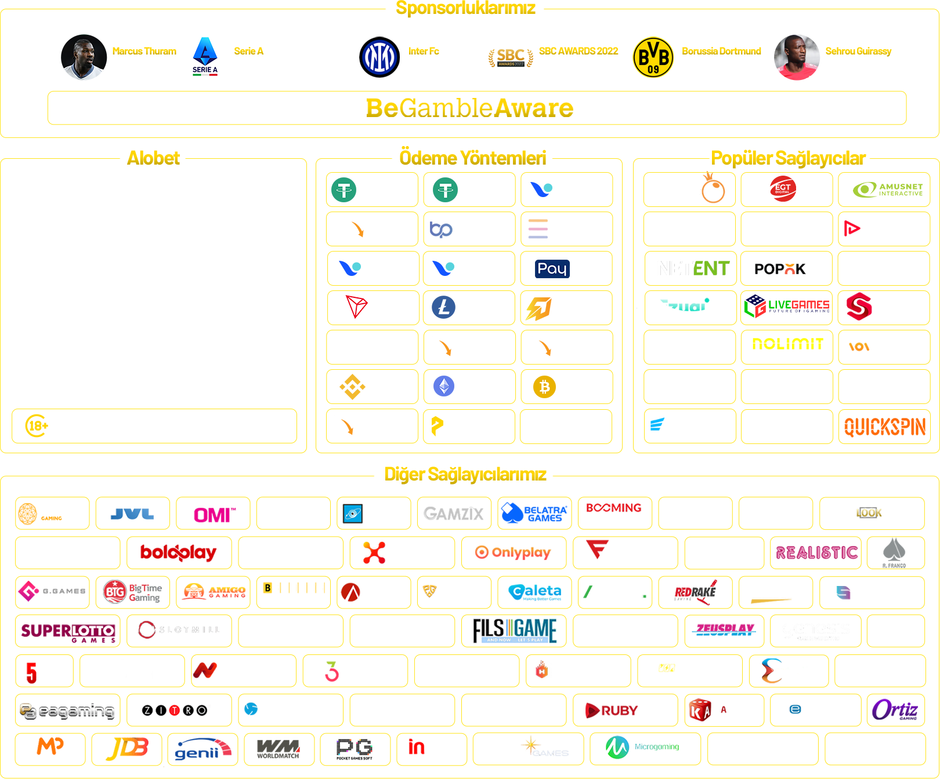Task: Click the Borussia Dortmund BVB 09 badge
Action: point(653,57)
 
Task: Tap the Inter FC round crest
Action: point(379,57)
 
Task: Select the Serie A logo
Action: point(205,56)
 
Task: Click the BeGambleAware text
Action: point(469,108)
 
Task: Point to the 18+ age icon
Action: point(37,426)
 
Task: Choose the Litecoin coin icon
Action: point(444,307)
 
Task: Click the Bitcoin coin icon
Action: point(544,387)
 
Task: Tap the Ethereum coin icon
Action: point(444,386)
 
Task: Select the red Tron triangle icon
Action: point(356,307)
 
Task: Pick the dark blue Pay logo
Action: point(552,269)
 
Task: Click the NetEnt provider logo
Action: point(694,268)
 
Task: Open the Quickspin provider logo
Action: point(884,427)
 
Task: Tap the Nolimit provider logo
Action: point(787,344)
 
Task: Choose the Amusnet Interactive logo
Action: point(888,190)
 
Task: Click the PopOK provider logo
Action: point(780,269)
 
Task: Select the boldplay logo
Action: point(178,553)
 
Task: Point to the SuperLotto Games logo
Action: point(68,632)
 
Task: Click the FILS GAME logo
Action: point(515,631)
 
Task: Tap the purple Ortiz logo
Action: point(894,709)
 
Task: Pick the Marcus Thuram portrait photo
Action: point(84,57)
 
